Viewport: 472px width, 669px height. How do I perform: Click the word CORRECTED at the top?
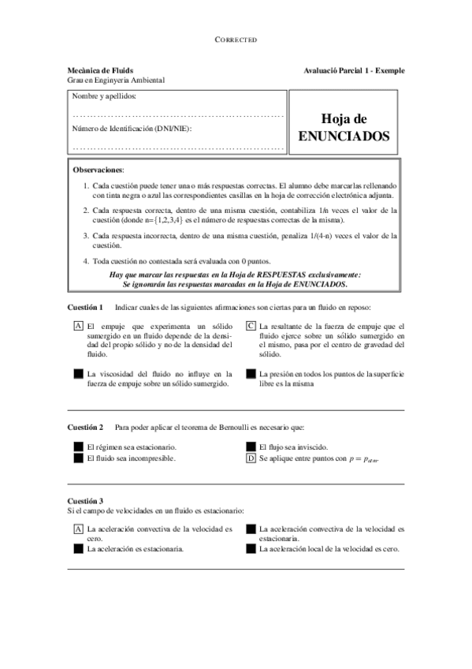point(236,39)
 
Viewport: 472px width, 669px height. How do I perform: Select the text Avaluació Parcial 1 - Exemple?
point(354,70)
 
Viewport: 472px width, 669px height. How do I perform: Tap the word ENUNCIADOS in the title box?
point(344,136)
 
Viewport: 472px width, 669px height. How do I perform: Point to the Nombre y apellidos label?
point(103,96)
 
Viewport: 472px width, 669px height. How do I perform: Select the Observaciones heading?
point(98,170)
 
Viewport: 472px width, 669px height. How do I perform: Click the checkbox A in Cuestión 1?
point(78,326)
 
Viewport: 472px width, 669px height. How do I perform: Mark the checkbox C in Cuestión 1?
point(251,326)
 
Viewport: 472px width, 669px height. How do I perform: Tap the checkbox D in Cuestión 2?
point(251,458)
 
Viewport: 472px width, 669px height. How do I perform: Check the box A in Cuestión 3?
point(78,529)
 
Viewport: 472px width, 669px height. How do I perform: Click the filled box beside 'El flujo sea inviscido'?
point(251,447)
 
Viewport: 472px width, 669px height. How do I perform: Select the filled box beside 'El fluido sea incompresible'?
point(78,458)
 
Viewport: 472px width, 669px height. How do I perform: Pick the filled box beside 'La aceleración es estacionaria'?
point(78,549)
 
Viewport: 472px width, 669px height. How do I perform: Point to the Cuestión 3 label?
point(85,501)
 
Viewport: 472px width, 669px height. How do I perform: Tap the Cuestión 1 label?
point(85,306)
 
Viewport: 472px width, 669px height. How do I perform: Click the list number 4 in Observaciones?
point(86,260)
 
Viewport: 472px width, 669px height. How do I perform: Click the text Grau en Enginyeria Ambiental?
point(116,80)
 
